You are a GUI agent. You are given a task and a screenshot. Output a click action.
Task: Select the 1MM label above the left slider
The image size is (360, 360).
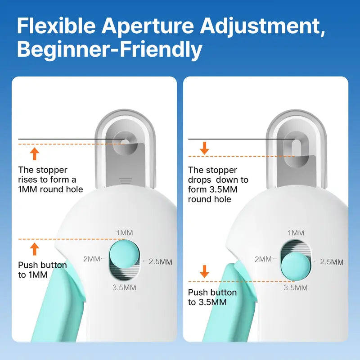pos(125,233)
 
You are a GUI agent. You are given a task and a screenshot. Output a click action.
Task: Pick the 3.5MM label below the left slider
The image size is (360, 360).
pos(125,286)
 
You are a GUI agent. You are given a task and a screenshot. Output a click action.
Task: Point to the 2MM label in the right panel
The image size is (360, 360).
pos(263,259)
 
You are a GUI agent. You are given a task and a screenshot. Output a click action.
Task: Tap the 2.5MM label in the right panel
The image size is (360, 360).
pos(332,261)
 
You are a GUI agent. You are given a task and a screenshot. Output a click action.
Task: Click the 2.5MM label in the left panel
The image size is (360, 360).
pos(161,261)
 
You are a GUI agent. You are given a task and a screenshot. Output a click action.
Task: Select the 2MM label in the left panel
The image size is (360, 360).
pos(92,259)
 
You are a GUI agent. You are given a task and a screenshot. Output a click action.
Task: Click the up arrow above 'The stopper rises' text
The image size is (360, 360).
pos(35,154)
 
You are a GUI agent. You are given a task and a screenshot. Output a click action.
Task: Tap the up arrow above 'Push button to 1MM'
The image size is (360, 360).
pos(35,249)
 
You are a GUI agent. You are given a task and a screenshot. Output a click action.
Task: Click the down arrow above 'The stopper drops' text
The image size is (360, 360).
pos(205,148)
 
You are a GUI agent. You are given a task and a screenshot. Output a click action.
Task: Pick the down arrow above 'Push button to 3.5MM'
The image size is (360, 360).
pos(205,271)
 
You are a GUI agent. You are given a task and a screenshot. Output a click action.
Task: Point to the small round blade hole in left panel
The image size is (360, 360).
pos(127,141)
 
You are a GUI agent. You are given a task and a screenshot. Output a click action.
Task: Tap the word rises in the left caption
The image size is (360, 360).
pos(28,180)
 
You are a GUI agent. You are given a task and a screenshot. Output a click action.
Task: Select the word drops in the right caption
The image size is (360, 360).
pos(199,180)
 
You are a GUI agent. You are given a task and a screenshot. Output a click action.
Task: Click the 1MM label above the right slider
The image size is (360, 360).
pos(296,233)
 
